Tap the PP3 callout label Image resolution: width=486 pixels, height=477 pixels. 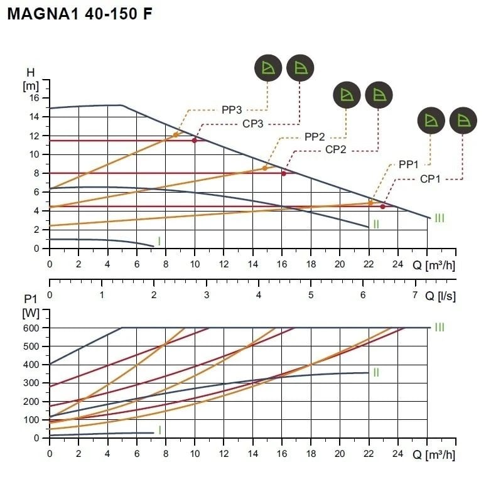232,110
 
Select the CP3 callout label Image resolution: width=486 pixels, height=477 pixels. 252,124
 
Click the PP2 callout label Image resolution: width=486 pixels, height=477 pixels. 315,136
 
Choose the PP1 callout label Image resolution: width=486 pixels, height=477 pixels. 408,164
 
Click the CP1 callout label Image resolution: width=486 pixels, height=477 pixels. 429,179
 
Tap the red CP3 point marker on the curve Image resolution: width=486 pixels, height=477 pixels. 195,140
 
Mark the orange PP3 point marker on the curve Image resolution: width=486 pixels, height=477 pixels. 175,135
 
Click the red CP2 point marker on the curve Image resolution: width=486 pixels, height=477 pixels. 284,173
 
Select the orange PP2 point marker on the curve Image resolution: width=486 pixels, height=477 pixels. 264,168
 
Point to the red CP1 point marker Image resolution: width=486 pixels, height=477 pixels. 382,206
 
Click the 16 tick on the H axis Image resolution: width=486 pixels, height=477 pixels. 35,98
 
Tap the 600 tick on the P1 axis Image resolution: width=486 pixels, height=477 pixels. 31,328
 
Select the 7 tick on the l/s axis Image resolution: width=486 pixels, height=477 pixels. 414,295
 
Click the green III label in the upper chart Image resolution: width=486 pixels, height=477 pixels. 440,218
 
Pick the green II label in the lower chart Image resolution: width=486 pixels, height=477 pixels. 376,373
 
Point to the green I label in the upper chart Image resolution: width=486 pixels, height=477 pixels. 159,242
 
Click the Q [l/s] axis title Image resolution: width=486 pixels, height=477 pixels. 440,295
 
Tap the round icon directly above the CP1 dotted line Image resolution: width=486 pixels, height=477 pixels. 463,121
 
